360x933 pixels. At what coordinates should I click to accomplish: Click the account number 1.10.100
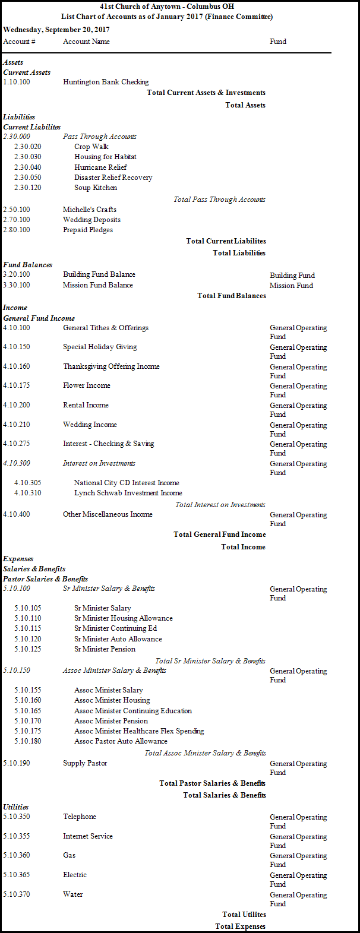(17, 82)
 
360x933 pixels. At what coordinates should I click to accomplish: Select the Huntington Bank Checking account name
(106, 82)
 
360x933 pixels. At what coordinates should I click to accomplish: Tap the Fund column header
(278, 42)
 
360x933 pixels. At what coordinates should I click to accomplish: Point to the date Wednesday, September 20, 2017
(56, 29)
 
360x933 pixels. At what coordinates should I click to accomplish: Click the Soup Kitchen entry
(96, 188)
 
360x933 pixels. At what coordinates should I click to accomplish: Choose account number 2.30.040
(28, 167)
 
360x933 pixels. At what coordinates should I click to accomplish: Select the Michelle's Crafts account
(90, 210)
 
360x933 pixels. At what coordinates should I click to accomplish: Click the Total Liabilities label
(239, 253)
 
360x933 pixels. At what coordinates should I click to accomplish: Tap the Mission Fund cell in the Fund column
(291, 286)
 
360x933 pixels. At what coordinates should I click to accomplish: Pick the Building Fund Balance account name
(99, 274)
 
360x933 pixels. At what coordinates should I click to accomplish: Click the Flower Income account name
(87, 385)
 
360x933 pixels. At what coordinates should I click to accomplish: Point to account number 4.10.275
(17, 444)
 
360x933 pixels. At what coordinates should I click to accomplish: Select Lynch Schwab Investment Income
(128, 493)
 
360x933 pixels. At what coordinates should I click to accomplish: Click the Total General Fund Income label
(220, 535)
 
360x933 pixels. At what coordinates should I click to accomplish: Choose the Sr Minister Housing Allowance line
(124, 618)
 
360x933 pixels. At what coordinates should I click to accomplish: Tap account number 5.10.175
(28, 731)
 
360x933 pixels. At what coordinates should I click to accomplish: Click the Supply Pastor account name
(85, 763)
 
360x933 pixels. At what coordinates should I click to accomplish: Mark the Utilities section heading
(16, 807)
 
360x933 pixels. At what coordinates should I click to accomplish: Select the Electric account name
(75, 875)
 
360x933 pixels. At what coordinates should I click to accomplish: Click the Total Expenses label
(241, 926)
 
